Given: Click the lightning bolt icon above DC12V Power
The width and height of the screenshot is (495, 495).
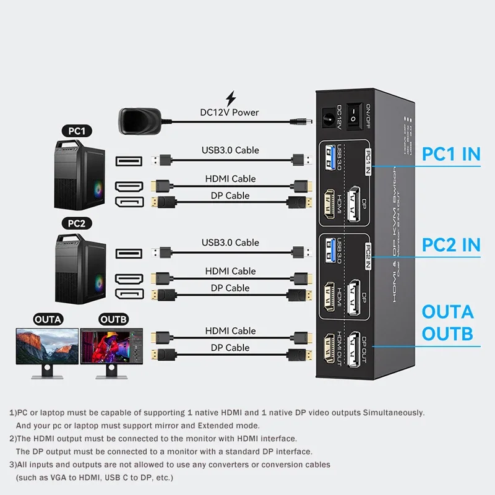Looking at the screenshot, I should [231, 98].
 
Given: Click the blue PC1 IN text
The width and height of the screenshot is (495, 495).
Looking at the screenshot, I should [451, 154].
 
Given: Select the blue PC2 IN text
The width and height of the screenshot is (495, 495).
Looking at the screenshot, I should [451, 244].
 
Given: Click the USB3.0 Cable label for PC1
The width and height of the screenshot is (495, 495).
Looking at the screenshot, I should [230, 150].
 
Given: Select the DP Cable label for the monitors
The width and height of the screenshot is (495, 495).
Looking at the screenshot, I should [230, 348].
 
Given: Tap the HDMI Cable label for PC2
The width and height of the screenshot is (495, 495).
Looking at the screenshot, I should [230, 271].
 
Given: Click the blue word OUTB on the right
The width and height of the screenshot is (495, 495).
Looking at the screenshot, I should [447, 334].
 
